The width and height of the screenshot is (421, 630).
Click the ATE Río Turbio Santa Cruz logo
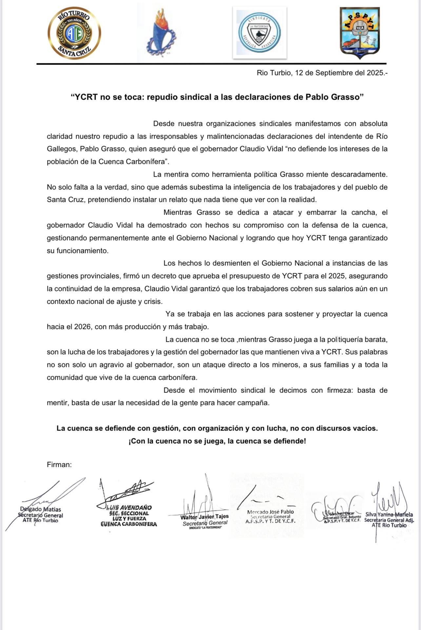(74, 33)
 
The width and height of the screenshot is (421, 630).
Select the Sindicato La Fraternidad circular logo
(259, 33)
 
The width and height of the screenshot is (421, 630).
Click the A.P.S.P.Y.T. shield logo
(360, 32)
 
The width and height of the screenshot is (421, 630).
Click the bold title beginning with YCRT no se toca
(217, 97)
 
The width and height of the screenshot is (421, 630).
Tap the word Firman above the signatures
(59, 465)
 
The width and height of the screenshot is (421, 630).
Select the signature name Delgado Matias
(40, 509)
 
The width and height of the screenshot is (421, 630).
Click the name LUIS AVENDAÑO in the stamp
(129, 507)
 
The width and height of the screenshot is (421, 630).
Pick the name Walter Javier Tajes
(205, 517)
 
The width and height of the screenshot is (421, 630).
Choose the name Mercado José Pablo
(271, 512)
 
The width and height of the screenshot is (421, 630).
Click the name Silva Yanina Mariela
(389, 515)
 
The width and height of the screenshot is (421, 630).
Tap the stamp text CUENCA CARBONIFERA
(129, 524)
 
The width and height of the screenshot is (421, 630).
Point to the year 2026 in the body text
(82, 327)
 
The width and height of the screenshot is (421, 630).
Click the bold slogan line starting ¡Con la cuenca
(217, 441)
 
